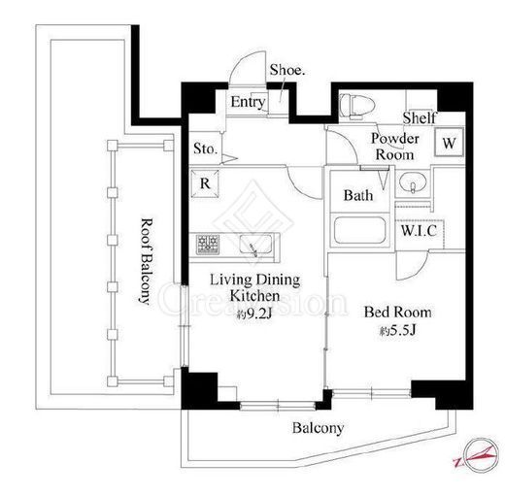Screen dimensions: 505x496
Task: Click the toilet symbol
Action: [357, 106]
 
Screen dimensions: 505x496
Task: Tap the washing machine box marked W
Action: [449, 143]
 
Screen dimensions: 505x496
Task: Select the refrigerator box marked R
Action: [205, 183]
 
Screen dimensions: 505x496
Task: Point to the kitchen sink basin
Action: [255, 245]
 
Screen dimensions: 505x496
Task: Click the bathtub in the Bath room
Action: [359, 230]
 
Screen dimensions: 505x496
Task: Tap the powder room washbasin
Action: [413, 182]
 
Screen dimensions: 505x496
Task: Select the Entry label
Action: [248, 102]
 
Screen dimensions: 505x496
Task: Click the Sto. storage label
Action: [205, 149]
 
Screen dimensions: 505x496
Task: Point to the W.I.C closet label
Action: [419, 230]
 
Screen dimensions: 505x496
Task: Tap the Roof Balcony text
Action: [146, 261]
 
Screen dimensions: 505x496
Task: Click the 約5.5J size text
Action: [398, 330]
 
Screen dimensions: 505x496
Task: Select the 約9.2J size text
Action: [254, 314]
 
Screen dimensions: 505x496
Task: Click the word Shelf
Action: [420, 117]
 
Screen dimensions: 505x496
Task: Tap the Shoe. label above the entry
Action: [287, 70]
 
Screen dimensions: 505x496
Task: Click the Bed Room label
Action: [398, 313]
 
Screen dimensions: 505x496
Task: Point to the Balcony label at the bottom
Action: [318, 428]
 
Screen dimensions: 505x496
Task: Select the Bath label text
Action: [358, 195]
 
